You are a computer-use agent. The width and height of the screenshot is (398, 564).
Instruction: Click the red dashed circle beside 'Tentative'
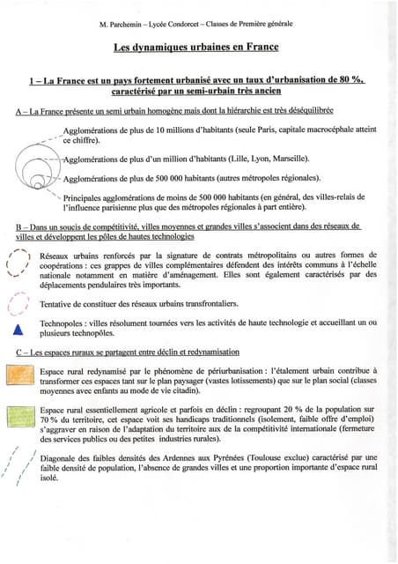click(x=15, y=302)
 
